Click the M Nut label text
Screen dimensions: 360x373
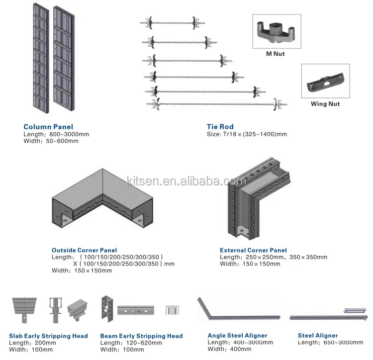click(275, 54)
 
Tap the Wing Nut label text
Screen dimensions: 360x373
click(325, 104)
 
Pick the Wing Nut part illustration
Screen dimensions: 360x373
click(325, 81)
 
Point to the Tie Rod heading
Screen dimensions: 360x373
click(220, 127)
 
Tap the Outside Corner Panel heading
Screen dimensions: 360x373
click(84, 250)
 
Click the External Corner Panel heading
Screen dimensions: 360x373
click(253, 250)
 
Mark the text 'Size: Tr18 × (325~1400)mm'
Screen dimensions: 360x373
click(247, 134)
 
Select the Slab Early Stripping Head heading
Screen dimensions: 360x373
click(48, 336)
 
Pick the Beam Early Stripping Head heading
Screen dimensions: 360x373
click(141, 336)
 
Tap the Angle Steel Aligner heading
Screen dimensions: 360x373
click(237, 336)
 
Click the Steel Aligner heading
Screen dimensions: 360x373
click(318, 336)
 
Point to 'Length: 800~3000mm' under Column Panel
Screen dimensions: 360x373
click(51, 134)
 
